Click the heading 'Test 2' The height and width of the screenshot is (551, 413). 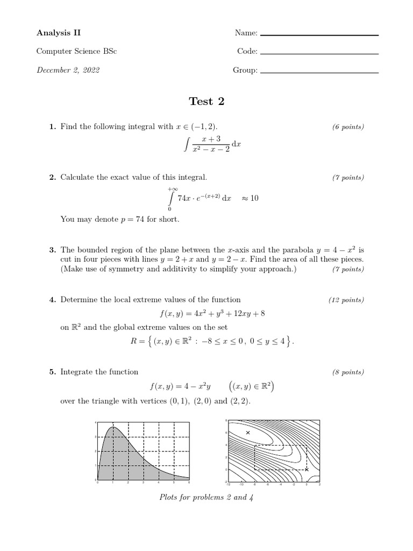tap(206, 102)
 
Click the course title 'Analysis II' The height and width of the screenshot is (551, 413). tap(54, 33)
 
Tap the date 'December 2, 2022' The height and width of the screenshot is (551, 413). tap(68, 70)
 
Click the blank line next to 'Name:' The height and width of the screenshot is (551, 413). tap(319, 36)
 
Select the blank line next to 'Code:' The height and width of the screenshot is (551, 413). tap(319, 54)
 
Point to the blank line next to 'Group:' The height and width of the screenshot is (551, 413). tap(319, 73)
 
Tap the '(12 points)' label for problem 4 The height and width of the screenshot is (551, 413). tap(346, 300)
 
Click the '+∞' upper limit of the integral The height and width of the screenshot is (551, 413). tap(173, 189)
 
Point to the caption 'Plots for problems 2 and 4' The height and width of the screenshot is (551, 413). tap(206, 497)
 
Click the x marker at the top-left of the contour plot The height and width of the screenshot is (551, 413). tap(248, 433)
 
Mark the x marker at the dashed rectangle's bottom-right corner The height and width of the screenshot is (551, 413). tap(307, 470)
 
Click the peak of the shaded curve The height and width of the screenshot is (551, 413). tap(113, 427)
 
